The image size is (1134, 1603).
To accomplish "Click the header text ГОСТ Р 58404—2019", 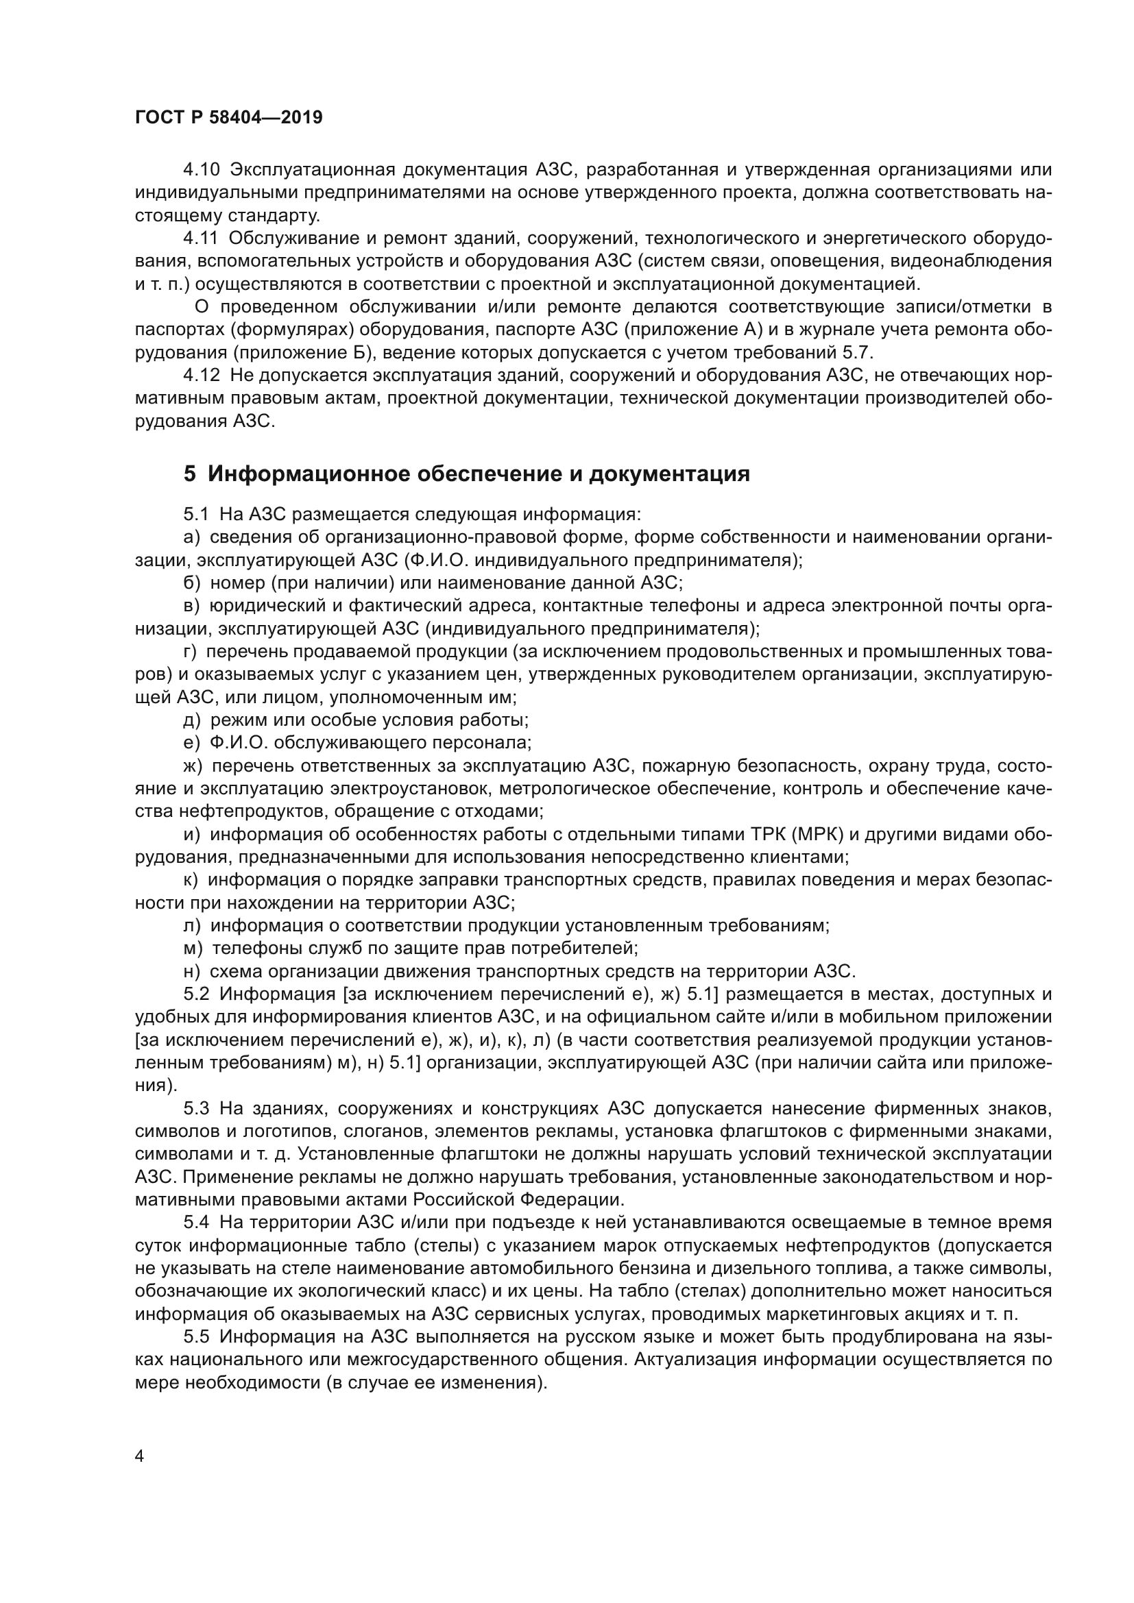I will tap(229, 117).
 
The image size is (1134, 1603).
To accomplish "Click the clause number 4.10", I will tap(202, 170).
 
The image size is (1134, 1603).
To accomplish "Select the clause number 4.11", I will tap(201, 238).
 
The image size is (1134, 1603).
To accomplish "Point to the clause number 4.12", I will tap(202, 376).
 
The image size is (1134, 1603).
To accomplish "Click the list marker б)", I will tap(192, 583).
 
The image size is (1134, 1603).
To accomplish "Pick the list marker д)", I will tap(192, 720).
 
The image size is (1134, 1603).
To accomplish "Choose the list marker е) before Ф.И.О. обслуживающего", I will tap(191, 742).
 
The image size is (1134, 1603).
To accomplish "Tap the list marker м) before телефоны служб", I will tap(193, 948).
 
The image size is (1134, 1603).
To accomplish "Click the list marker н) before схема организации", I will tap(192, 971).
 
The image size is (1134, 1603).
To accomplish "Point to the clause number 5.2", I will tap(197, 994).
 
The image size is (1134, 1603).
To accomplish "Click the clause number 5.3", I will tap(197, 1108).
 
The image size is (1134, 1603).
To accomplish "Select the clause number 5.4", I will tap(197, 1223).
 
